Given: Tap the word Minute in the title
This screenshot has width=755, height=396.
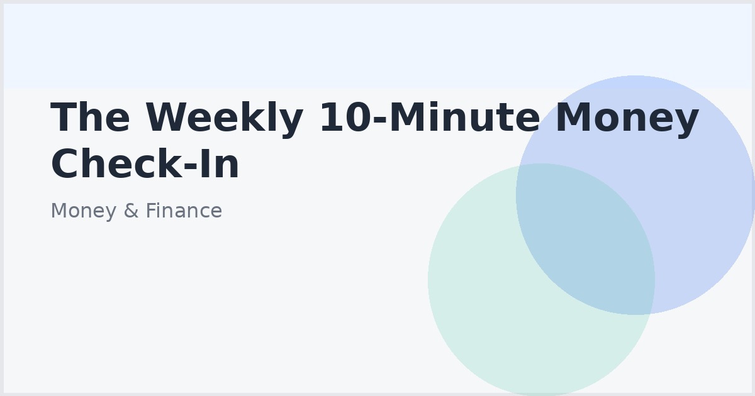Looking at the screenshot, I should pos(462,118).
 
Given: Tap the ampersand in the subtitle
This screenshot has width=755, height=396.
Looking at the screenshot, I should pos(131,211).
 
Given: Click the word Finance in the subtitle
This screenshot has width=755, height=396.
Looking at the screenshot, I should pos(183,211).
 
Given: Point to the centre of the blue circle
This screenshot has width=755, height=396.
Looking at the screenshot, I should pos(635,195).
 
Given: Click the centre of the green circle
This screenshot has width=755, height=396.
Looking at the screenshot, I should pos(541,280).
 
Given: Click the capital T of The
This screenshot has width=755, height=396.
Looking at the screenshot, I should pos(64,118).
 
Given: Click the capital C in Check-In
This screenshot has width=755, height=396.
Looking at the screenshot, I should pos(66,164).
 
